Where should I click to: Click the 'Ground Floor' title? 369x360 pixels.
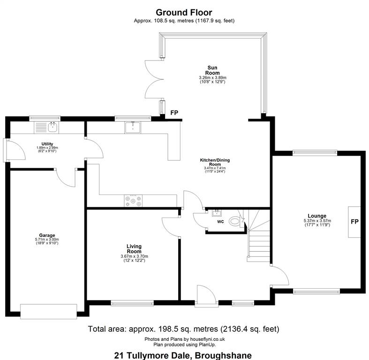pyautogui.click(x=184, y=12)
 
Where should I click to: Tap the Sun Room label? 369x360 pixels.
pyautogui.click(x=212, y=70)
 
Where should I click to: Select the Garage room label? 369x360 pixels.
pyautogui.click(x=47, y=235)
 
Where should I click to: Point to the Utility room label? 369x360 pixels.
pyautogui.click(x=47, y=144)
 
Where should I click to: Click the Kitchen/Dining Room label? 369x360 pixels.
pyautogui.click(x=215, y=162)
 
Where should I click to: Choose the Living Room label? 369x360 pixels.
pyautogui.click(x=134, y=249)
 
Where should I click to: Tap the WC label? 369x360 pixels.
pyautogui.click(x=220, y=222)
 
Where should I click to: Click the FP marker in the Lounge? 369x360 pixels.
pyautogui.click(x=354, y=221)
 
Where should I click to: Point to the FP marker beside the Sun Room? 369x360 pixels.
pyautogui.click(x=174, y=112)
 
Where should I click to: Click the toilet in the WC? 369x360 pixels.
pyautogui.click(x=236, y=221)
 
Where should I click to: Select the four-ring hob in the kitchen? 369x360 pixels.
pyautogui.click(x=133, y=201)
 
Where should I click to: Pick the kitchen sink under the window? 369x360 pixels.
pyautogui.click(x=133, y=127)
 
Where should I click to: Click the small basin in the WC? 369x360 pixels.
pyautogui.click(x=217, y=213)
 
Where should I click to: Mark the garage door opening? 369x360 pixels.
pyautogui.click(x=49, y=312)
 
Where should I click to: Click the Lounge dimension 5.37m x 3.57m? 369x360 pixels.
pyautogui.click(x=317, y=221)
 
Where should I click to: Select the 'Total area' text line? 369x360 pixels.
pyautogui.click(x=183, y=329)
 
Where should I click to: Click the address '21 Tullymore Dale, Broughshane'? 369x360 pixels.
pyautogui.click(x=183, y=355)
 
